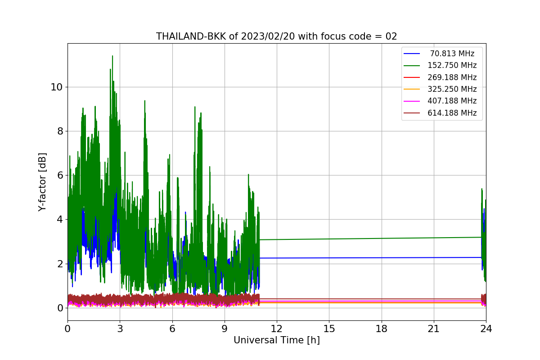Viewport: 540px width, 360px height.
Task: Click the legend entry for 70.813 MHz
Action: (452, 54)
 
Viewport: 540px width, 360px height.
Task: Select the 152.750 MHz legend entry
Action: (452, 65)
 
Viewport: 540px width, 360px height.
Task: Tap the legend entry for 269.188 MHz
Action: (452, 77)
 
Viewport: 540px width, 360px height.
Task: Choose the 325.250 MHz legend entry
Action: (452, 89)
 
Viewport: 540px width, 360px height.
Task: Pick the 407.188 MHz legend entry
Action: (452, 101)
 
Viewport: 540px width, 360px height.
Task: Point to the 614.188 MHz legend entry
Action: (452, 113)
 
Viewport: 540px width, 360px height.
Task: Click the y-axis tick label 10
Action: (56, 87)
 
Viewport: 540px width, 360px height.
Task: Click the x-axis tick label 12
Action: (277, 329)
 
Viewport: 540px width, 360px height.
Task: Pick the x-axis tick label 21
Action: (433, 329)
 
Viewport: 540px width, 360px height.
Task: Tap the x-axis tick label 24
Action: (486, 329)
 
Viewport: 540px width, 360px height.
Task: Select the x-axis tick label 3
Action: (120, 329)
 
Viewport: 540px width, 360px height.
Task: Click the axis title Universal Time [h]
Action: (276, 341)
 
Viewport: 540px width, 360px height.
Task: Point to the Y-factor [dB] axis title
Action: (43, 182)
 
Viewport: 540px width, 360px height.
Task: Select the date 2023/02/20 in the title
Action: (257, 36)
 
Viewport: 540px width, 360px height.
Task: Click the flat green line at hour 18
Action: (381, 238)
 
